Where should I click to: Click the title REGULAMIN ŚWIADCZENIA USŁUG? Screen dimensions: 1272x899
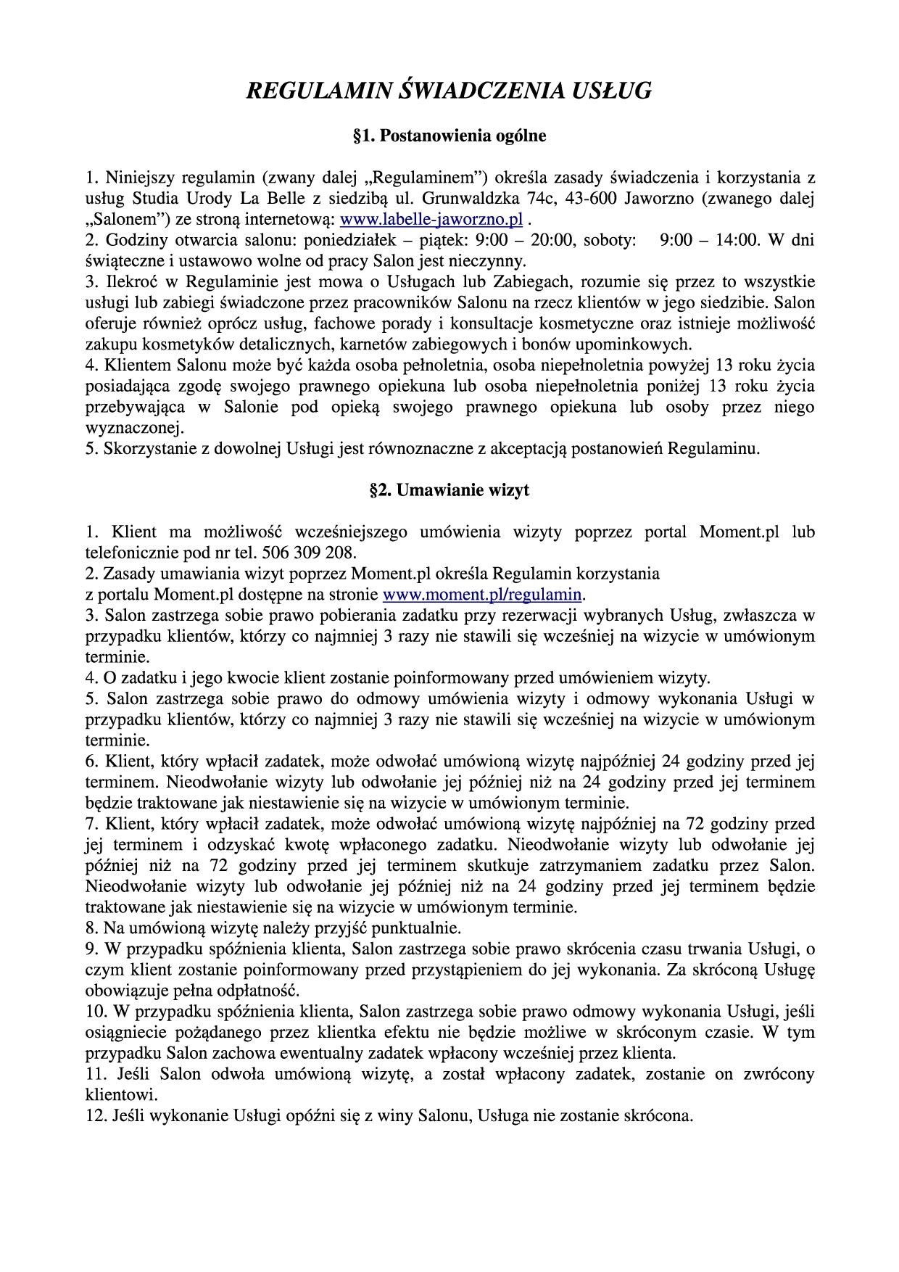point(449,91)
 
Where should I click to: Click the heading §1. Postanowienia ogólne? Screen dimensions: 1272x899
point(449,136)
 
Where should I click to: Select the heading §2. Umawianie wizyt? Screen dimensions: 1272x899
point(449,490)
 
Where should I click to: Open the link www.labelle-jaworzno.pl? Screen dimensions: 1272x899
point(431,219)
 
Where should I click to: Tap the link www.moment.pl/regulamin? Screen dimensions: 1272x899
point(482,595)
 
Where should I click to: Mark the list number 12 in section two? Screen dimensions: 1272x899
point(94,1115)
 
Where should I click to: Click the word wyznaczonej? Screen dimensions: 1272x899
point(134,427)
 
